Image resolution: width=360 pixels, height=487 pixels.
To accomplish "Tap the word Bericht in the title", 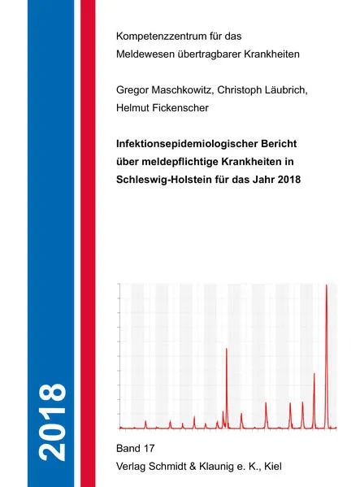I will (284, 142).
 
